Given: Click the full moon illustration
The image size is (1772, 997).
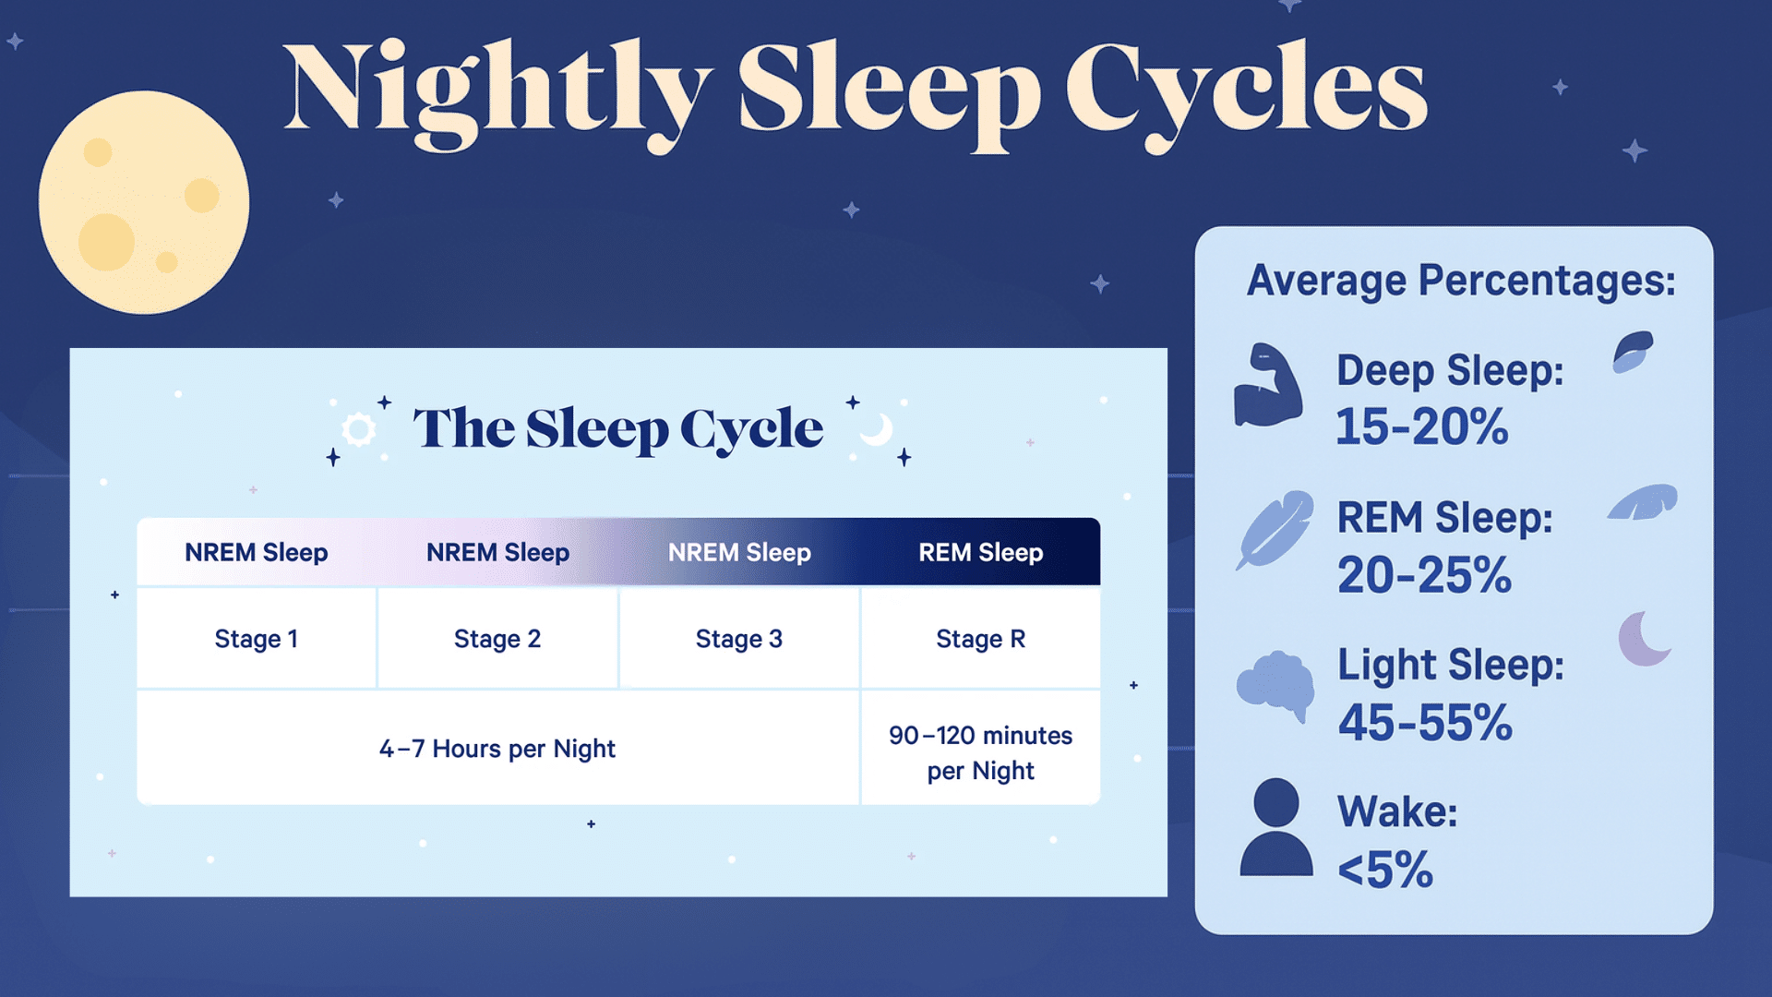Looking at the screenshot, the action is [144, 202].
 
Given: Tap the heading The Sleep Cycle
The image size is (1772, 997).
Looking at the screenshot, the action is [617, 429].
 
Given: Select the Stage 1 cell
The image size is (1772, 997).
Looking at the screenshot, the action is [257, 638].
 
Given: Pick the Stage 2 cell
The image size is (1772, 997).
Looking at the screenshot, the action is [497, 638].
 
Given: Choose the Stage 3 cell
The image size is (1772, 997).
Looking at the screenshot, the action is [739, 638].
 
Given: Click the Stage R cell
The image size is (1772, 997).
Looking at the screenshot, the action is [981, 638].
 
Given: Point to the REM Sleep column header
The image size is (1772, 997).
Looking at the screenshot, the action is [981, 552].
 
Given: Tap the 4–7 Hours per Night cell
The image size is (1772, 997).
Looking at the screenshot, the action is [497, 748].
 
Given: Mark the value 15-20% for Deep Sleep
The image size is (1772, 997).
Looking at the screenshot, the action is [1422, 426].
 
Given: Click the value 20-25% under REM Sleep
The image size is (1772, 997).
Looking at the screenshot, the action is [1424, 575].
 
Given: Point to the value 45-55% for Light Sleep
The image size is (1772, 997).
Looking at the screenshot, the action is [1425, 722].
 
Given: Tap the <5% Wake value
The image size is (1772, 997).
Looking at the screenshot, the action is [1385, 870].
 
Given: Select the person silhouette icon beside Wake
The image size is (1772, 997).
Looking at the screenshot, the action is [1276, 828].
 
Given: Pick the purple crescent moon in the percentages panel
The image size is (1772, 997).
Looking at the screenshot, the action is [1643, 639].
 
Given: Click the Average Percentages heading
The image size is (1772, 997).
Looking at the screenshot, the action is [1461, 281].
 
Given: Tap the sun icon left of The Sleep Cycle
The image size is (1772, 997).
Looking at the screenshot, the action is [358, 429].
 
